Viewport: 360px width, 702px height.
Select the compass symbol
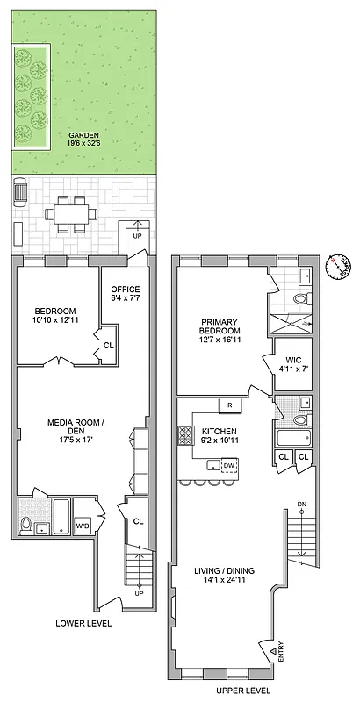coord(336,266)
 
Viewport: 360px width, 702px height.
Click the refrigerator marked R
coord(228,405)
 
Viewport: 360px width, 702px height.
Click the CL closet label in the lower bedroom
coord(108,346)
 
